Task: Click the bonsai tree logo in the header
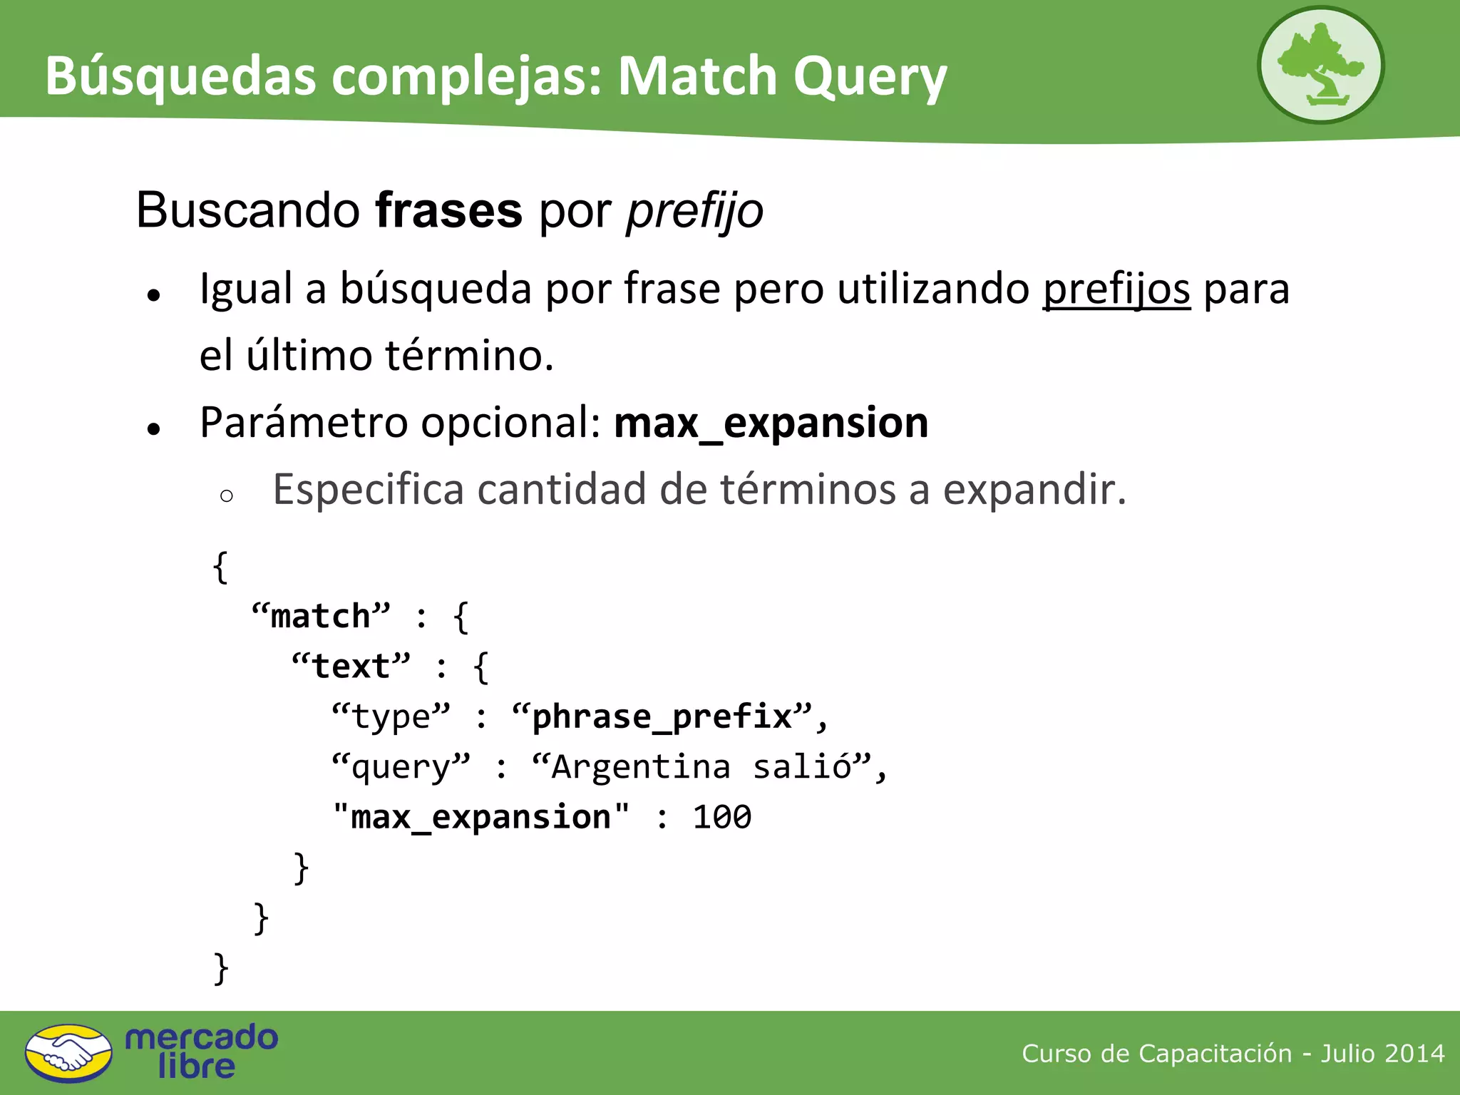point(1320,66)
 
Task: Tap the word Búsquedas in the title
point(180,76)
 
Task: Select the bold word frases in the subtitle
point(448,211)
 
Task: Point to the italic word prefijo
point(694,211)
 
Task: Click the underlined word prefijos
point(1116,289)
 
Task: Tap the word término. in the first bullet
point(469,355)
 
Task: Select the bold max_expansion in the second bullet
point(771,423)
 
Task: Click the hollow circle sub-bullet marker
point(227,496)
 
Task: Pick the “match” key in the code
point(321,616)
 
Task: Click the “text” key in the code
point(351,667)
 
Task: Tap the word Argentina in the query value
point(640,767)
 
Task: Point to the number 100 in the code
point(721,817)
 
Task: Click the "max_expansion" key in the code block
point(481,817)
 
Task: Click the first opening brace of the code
point(220,567)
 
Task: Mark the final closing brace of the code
point(221,968)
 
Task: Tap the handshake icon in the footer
point(68,1053)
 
